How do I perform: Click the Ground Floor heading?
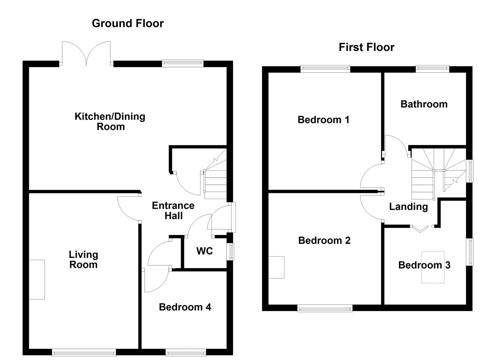point(128,23)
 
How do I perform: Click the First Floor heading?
point(366,47)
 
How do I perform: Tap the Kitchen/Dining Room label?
point(110,121)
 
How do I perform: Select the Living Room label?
point(83,260)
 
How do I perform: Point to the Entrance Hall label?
point(173,211)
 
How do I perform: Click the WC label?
point(204,251)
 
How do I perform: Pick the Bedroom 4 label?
point(185,307)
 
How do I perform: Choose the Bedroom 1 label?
point(323,120)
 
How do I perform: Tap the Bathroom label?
point(424,104)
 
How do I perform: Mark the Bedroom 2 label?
point(324,240)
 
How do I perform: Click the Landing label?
point(408,207)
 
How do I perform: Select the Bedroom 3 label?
point(424,265)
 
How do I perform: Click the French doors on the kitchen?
point(86,53)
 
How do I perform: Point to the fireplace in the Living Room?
point(37,279)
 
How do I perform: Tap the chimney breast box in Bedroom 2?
point(276,267)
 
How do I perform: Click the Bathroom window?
point(432,69)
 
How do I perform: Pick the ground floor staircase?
point(215,180)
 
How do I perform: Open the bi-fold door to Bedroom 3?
point(420,229)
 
